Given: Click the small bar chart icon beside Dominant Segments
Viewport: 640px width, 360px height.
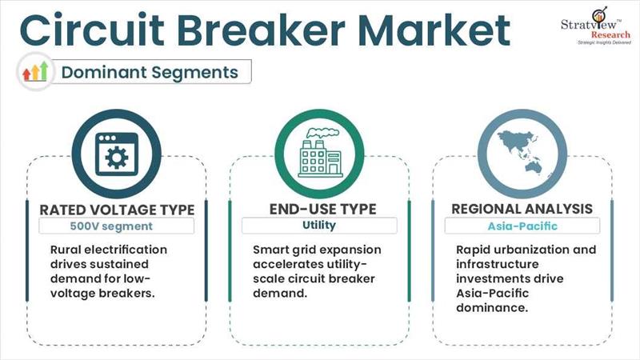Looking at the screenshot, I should tap(36, 72).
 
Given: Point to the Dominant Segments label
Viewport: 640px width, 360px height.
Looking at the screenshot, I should tap(150, 72).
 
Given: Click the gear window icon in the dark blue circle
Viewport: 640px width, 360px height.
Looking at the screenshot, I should tap(117, 152).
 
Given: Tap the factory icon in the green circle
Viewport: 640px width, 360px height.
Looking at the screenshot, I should tap(319, 152).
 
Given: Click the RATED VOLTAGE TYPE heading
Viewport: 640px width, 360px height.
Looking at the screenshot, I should tap(117, 210).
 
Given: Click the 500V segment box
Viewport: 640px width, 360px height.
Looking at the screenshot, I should tap(117, 226).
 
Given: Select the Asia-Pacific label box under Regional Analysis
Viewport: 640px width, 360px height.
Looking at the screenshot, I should tap(522, 226).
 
